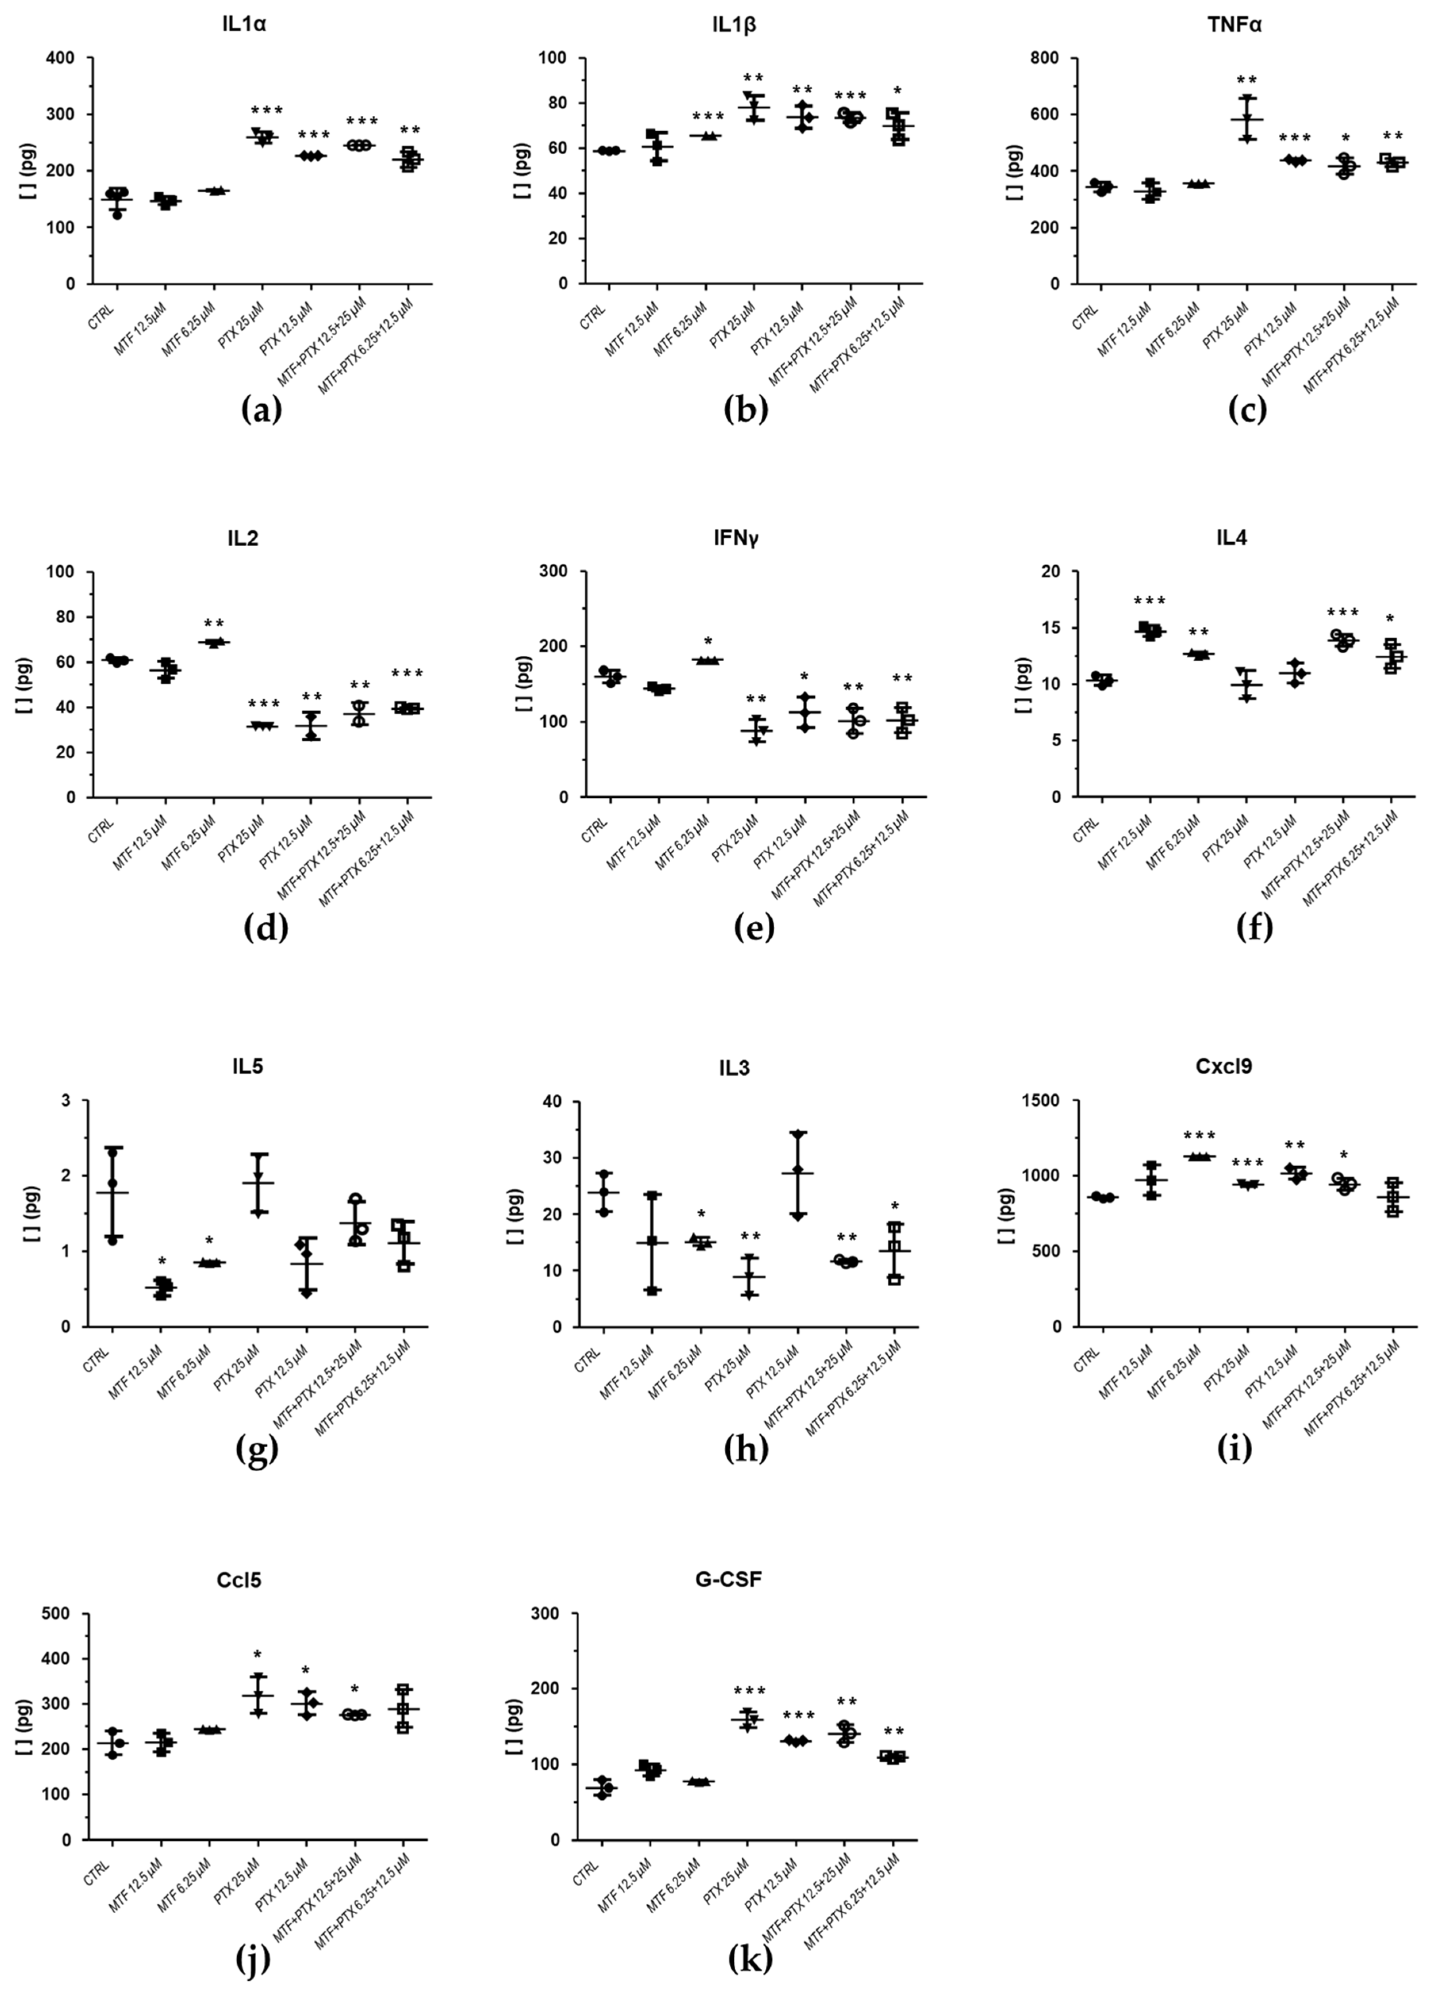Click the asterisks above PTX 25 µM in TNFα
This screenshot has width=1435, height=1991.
[1247, 81]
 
